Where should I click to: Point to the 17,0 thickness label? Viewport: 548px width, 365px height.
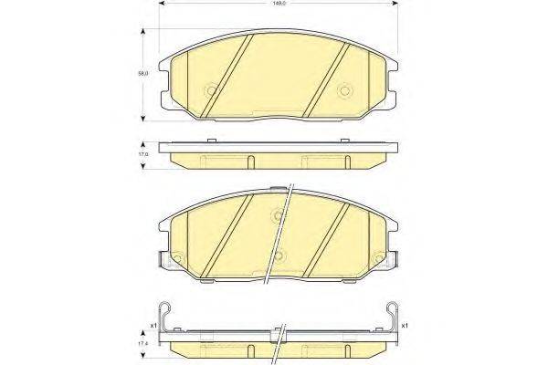click(x=143, y=155)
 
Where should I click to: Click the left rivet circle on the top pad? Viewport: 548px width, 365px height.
click(x=212, y=90)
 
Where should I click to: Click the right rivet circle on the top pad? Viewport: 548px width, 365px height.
click(x=345, y=90)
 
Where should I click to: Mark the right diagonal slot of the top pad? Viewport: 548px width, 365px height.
click(x=327, y=79)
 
